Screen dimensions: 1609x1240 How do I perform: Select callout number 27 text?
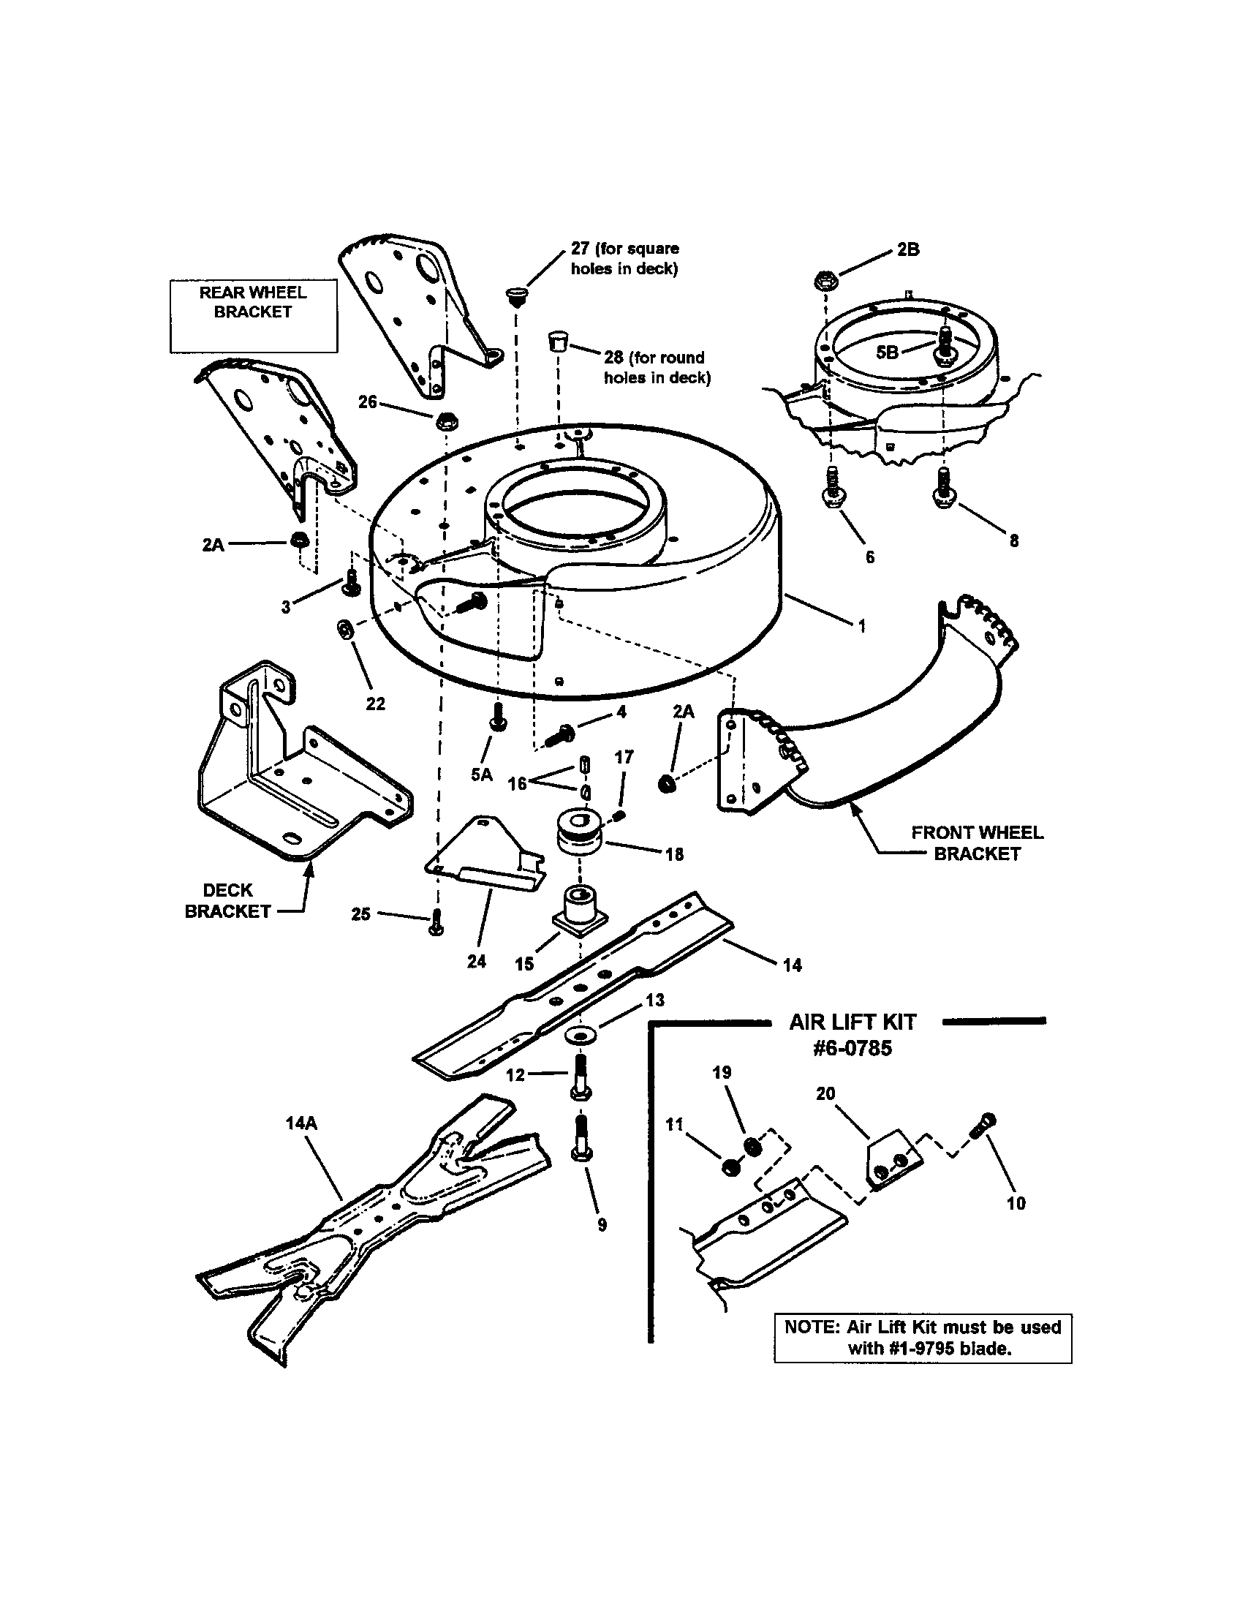coord(581,248)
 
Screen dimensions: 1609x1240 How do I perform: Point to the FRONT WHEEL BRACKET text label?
coord(977,843)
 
